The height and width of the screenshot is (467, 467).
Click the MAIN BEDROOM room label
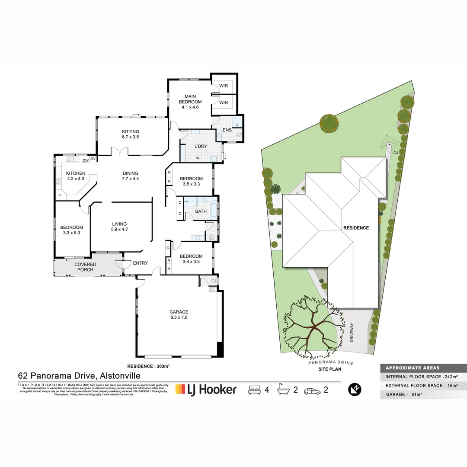[x=190, y=99]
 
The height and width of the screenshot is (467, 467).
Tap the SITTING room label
[x=130, y=131]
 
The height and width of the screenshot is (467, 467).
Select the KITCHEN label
[x=76, y=173]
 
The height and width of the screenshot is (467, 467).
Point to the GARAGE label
[x=179, y=312]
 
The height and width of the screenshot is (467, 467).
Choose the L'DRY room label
[x=201, y=147]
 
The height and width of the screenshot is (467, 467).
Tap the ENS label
[x=227, y=130]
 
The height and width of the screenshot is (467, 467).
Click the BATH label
[x=201, y=211]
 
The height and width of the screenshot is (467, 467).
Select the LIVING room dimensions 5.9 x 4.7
[x=119, y=230]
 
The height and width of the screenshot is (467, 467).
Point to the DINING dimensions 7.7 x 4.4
[x=130, y=179]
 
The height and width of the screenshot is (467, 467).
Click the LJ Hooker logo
[x=206, y=389]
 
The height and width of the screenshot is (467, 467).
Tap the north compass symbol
[x=354, y=389]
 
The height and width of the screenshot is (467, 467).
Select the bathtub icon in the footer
[x=283, y=390]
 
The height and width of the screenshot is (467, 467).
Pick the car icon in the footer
[x=312, y=390]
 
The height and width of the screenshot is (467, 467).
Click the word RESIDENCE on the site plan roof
[x=356, y=228]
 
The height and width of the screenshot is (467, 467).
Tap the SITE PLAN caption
[x=330, y=369]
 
